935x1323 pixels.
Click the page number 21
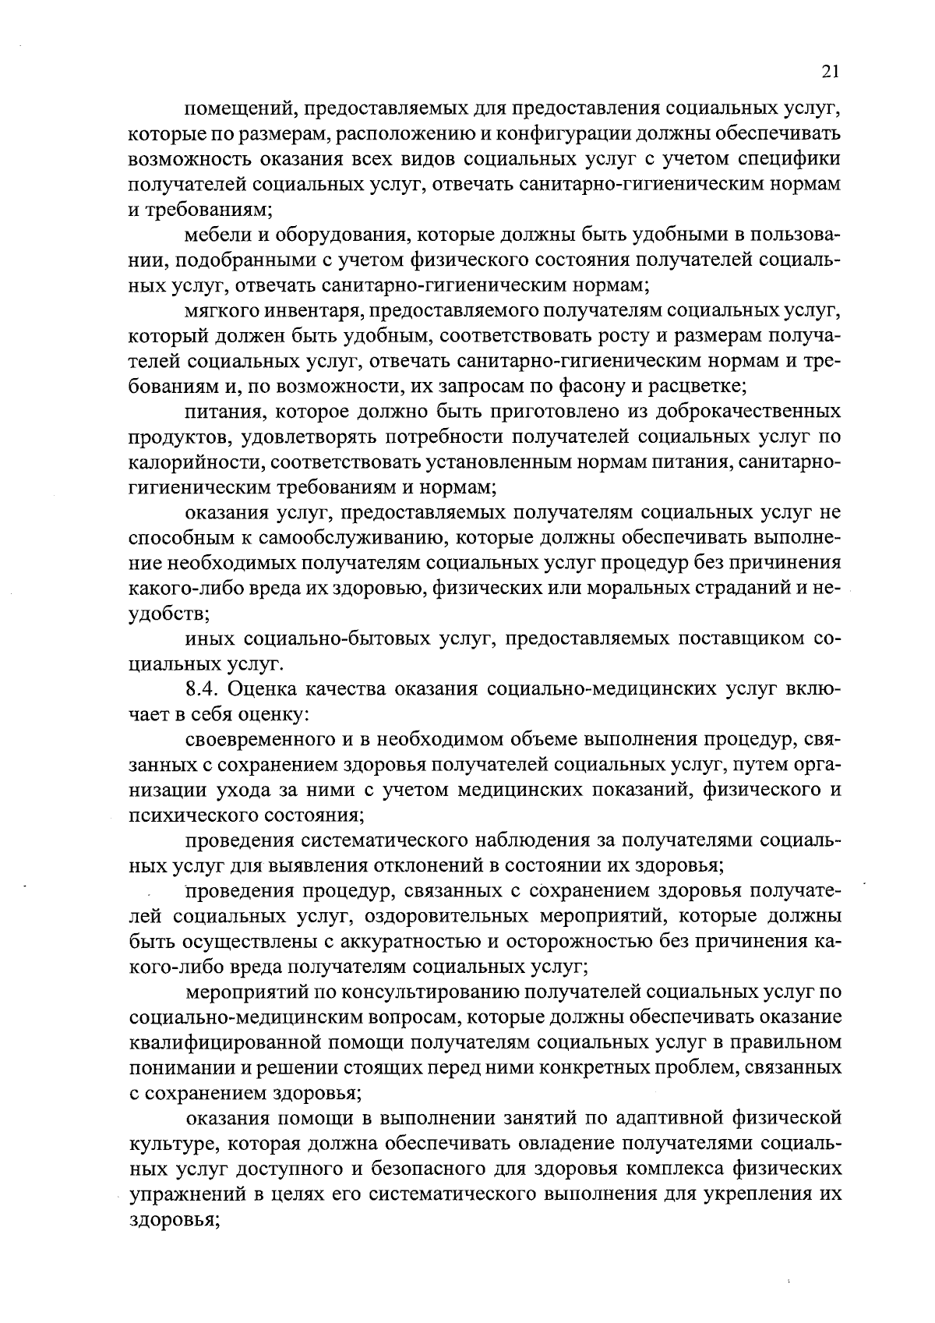click(x=830, y=73)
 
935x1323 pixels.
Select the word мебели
click(x=211, y=235)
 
